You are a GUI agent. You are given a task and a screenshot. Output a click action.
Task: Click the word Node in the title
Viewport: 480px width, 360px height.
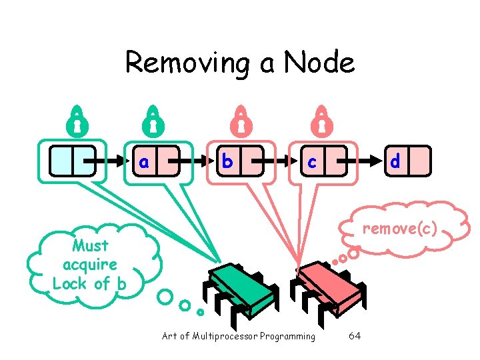(x=319, y=63)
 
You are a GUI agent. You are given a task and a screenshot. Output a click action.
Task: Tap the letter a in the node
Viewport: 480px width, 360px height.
(x=143, y=161)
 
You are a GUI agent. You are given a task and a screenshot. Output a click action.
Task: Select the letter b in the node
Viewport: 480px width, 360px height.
(x=227, y=161)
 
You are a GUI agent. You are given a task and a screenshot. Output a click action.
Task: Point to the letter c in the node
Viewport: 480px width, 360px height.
(x=311, y=162)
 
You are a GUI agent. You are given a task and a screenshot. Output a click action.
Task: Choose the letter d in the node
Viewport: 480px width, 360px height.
(x=395, y=161)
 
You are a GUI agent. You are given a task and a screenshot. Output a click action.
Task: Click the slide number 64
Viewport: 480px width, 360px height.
(x=355, y=335)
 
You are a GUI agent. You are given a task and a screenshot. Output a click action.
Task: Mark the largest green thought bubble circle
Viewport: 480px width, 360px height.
(x=165, y=296)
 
